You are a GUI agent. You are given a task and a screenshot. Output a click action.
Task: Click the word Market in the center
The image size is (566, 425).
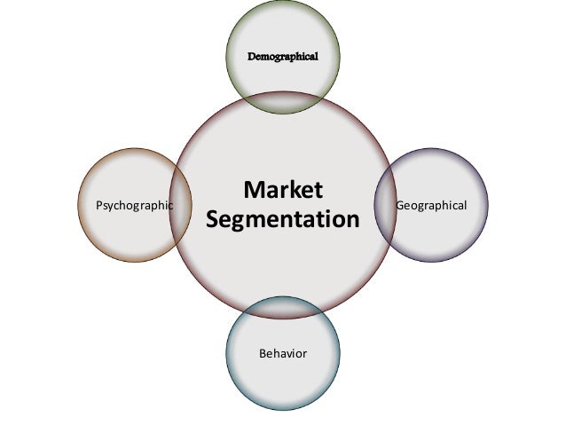click(x=283, y=191)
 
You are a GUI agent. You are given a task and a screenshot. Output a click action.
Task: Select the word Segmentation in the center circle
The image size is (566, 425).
click(x=283, y=218)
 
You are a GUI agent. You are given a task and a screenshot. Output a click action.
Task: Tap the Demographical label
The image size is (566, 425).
click(x=282, y=56)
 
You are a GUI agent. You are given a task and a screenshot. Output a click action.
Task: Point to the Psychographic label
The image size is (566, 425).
click(x=134, y=205)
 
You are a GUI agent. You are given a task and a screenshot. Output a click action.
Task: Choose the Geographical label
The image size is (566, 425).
click(x=431, y=205)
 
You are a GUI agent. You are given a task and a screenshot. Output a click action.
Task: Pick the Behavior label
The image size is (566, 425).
click(x=282, y=353)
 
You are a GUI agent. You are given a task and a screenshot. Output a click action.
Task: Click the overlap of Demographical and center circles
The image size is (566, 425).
click(x=282, y=103)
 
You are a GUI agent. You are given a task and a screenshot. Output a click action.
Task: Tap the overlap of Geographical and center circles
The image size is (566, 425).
click(x=385, y=205)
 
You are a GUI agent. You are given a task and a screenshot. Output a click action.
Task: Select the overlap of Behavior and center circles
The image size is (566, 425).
click(x=282, y=307)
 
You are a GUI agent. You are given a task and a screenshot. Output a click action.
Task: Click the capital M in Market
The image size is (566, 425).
click(x=252, y=191)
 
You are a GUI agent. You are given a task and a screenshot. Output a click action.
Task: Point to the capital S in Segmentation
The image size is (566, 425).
click(x=212, y=217)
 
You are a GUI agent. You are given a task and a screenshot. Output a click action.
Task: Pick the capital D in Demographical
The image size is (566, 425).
click(x=251, y=56)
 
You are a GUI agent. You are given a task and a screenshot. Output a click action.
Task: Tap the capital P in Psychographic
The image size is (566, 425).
click(x=98, y=205)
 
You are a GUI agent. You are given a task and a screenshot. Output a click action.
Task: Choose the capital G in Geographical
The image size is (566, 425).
click(x=400, y=205)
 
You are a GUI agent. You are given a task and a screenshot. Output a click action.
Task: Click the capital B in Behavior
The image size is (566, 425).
click(x=262, y=353)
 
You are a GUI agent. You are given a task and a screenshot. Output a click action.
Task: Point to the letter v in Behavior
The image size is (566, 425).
click(x=287, y=354)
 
